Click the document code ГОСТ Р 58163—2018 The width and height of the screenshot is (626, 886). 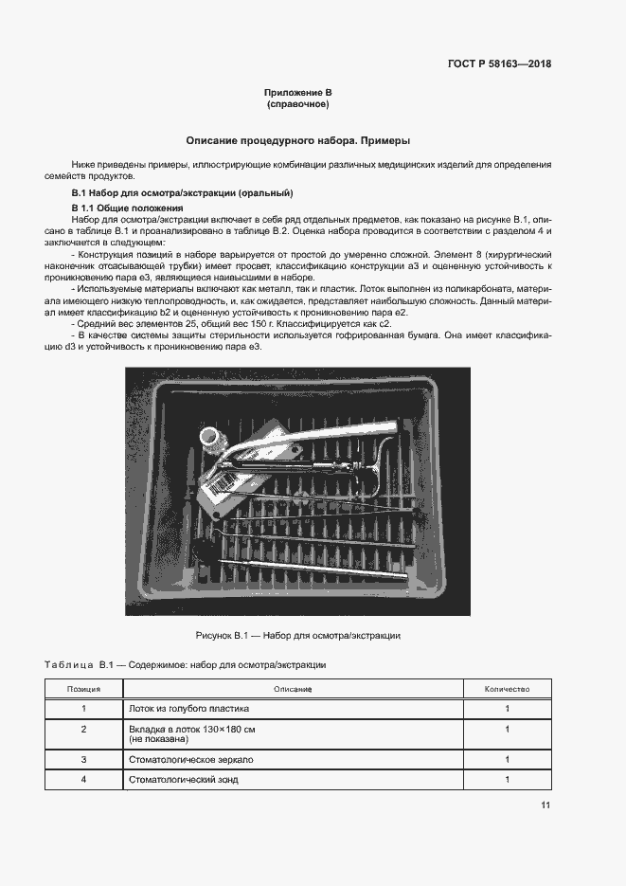[498, 64]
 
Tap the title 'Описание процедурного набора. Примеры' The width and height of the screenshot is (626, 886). [297, 139]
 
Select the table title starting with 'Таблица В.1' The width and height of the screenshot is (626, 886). [186, 665]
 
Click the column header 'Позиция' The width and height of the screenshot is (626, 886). [83, 689]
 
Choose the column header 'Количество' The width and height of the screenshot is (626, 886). [507, 689]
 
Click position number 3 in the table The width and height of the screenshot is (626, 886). [83, 760]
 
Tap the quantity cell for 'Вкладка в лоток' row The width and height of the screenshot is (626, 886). [507, 729]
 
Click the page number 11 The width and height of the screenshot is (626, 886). [546, 805]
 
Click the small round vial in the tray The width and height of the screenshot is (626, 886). [211, 437]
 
